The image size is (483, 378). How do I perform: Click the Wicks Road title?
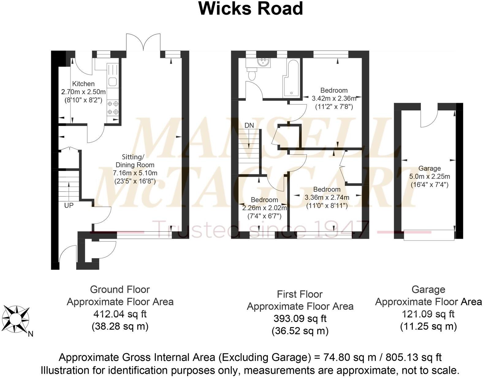coord(250,9)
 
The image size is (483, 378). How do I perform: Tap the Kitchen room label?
coord(83,84)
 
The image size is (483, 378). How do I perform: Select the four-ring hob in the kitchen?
coord(113,108)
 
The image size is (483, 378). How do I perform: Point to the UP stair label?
coord(69,205)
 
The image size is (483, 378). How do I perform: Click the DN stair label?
coord(249,125)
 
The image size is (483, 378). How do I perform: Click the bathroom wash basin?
coord(264,62)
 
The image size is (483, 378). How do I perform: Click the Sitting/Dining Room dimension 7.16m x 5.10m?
coord(135,173)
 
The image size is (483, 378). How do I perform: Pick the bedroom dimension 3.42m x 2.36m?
coord(334,98)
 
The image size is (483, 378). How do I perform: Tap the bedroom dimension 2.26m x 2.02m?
coord(264,208)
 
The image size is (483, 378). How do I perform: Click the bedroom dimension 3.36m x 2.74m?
coord(327,198)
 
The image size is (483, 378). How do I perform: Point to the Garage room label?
coord(429,168)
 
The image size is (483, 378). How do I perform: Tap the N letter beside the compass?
coord(30,334)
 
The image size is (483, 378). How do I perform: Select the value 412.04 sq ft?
coord(120,314)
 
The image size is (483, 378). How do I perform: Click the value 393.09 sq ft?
coord(300,319)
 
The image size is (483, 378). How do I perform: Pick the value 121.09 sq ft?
coord(428,314)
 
